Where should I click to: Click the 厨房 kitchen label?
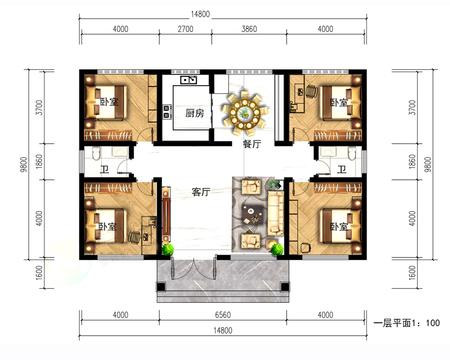pos(194,113)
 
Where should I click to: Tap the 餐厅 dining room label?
pos(252,144)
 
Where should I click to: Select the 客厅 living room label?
pos(201,192)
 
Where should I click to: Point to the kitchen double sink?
pos(189,80)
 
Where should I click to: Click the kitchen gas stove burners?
pos(166,112)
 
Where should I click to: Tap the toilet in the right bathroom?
pos(352,153)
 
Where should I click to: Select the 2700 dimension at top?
pos(185,29)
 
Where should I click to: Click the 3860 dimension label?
pos(249,29)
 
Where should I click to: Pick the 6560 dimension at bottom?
pos(223,315)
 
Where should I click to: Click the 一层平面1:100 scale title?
pos(406,323)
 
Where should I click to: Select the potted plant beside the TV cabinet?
pos(167,249)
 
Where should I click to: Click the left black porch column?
pos(161,287)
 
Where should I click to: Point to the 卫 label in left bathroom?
pos(104,169)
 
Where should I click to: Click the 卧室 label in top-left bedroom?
pos(109,102)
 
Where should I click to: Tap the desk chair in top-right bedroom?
pos(311,92)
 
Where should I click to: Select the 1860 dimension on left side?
pos(39,162)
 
